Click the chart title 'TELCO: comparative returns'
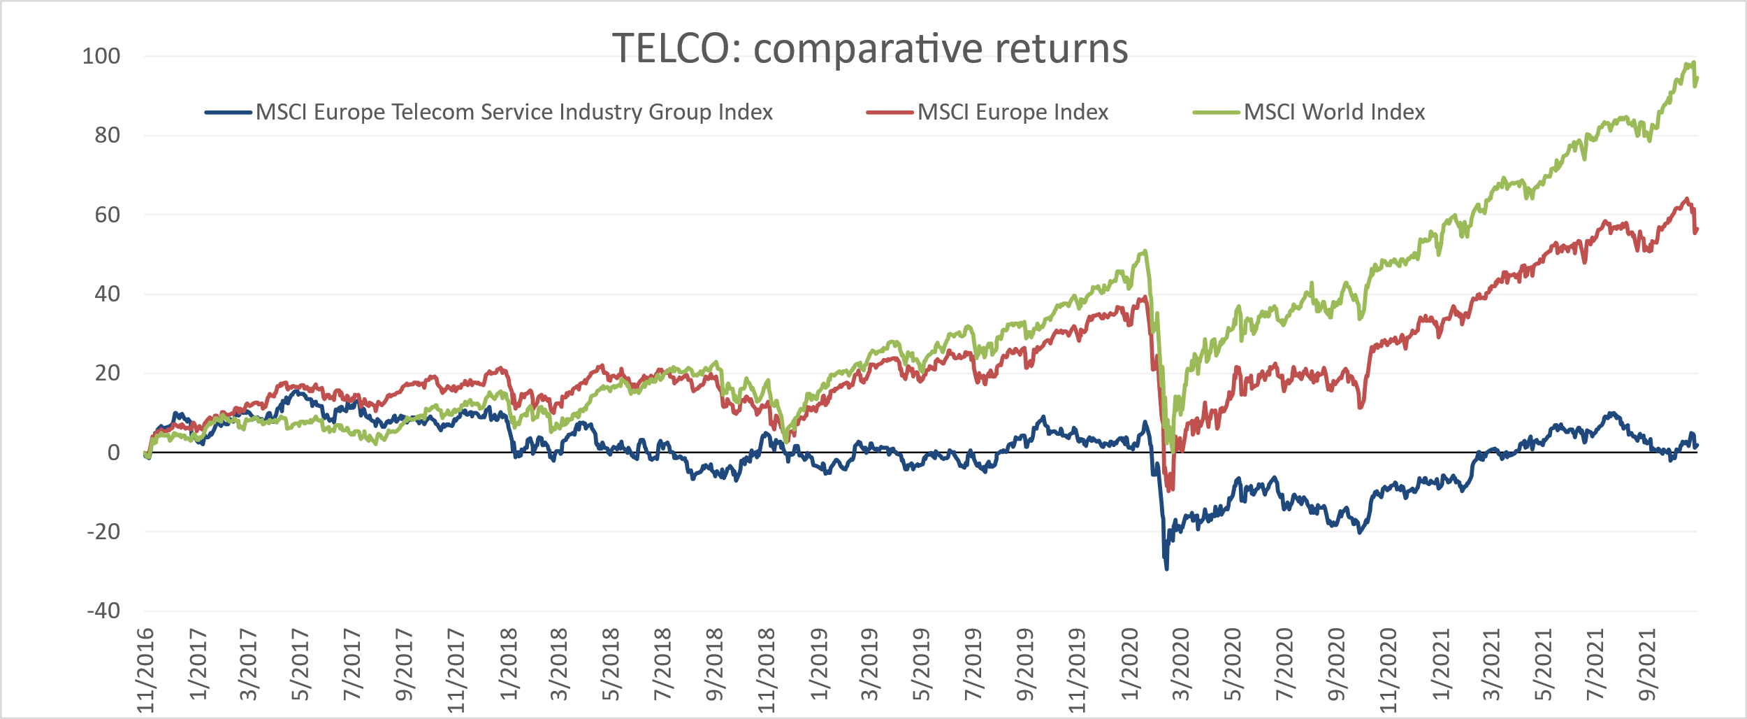[870, 49]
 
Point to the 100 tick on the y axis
[101, 56]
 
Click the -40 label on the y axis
[103, 611]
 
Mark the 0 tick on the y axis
[113, 453]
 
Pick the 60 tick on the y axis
[107, 215]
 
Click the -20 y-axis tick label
[103, 532]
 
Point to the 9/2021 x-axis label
[1648, 664]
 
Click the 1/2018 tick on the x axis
[509, 664]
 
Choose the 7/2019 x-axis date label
[973, 664]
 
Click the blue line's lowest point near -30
[1166, 569]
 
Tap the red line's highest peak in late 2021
[1687, 199]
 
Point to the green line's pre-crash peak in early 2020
[1145, 250]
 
